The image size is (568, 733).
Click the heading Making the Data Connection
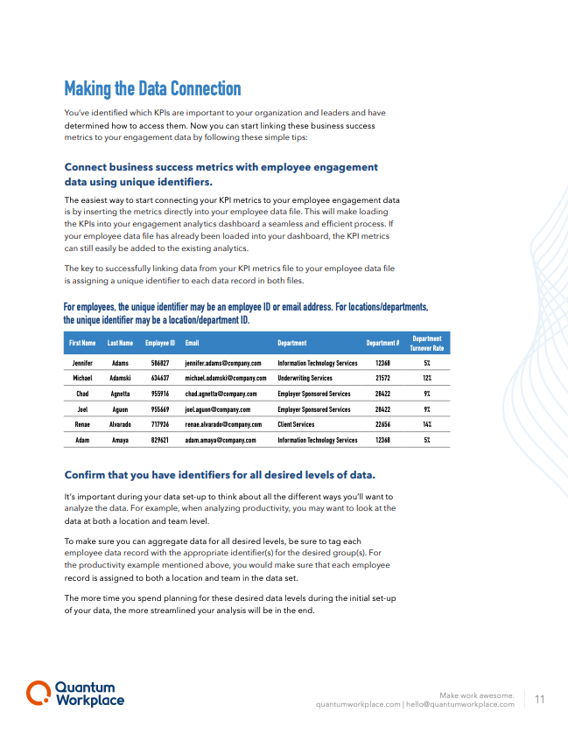pyautogui.click(x=152, y=89)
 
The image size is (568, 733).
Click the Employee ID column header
pyautogui.click(x=160, y=344)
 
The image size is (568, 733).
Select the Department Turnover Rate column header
pyautogui.click(x=427, y=343)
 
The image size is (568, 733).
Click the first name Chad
pyautogui.click(x=82, y=394)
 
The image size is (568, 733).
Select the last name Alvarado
pyautogui.click(x=120, y=425)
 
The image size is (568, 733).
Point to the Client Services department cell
pyautogui.click(x=296, y=425)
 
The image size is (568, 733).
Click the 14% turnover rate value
pyautogui.click(x=427, y=425)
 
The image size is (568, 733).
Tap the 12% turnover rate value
pyautogui.click(x=427, y=379)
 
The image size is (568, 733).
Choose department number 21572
pyautogui.click(x=382, y=379)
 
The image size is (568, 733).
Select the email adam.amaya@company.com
pyautogui.click(x=214, y=441)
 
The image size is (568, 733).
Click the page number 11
pyautogui.click(x=539, y=699)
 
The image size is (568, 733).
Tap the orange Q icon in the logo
pyautogui.click(x=38, y=694)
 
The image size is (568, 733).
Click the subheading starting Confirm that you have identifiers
pyautogui.click(x=220, y=475)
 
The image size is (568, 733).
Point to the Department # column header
pyautogui.click(x=382, y=344)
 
